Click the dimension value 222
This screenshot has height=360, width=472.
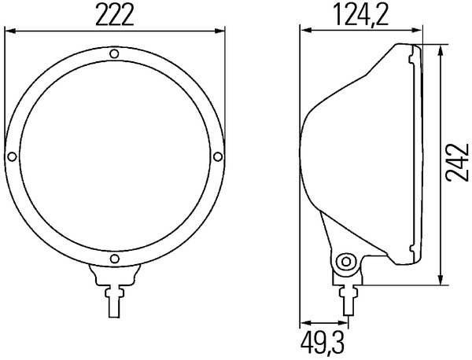pos(114,15)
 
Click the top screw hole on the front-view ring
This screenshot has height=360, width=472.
pos(114,54)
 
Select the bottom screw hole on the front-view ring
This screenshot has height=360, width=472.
pos(114,259)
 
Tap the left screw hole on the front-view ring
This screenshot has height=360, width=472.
pos(12,156)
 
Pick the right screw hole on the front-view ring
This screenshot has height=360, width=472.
pos(216,156)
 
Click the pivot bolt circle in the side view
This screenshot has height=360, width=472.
pos(343,262)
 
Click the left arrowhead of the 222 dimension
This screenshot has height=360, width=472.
pos(9,32)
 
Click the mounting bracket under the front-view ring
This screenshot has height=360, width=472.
pos(114,275)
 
